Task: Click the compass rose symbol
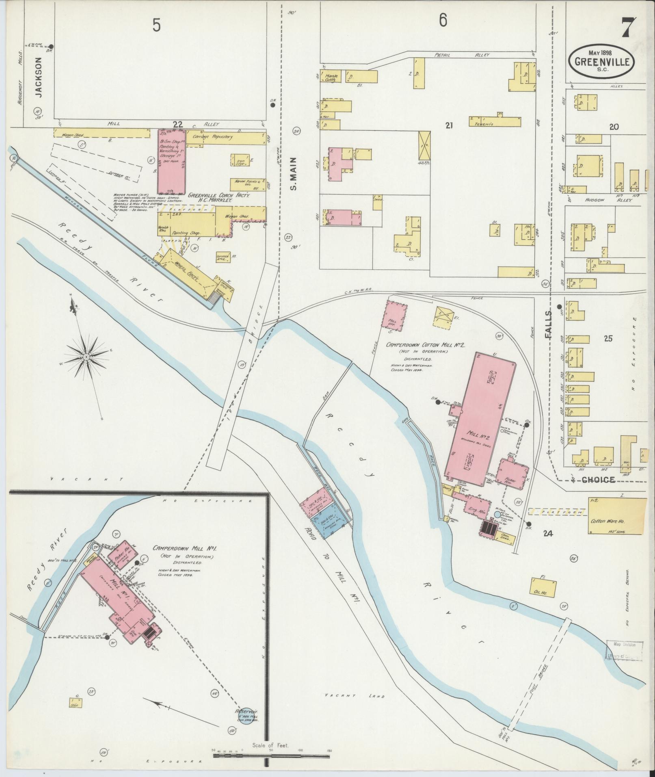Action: pyautogui.click(x=86, y=356)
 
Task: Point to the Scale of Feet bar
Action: pyautogui.click(x=271, y=755)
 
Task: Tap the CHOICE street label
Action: pyautogui.click(x=598, y=480)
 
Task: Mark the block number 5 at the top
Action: pyautogui.click(x=156, y=26)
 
